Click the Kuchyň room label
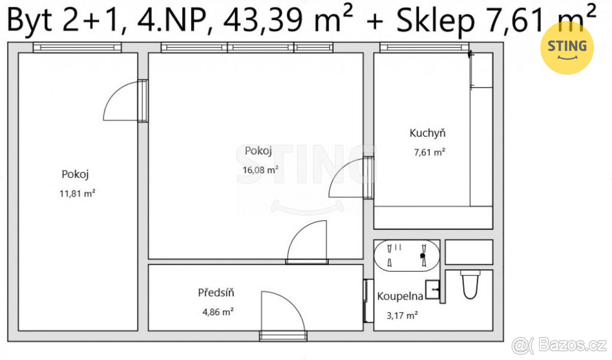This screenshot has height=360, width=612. (427, 133)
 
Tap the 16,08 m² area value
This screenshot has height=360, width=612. (261, 170)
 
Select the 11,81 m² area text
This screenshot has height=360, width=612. (78, 193)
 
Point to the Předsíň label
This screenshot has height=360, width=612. (216, 292)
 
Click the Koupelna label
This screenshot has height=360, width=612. (400, 296)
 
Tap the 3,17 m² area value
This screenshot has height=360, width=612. (402, 316)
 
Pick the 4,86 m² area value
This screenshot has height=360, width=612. (218, 312)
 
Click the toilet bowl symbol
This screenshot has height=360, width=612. (470, 285)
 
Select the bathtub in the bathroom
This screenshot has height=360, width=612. (406, 255)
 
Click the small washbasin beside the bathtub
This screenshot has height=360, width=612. (432, 290)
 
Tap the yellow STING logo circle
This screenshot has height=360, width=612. (567, 48)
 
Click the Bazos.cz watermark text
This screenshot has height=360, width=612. (573, 345)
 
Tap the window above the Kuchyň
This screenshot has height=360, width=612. (424, 47)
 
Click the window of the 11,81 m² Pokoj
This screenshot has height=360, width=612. (78, 47)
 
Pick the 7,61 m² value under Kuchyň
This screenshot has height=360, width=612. (429, 152)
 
